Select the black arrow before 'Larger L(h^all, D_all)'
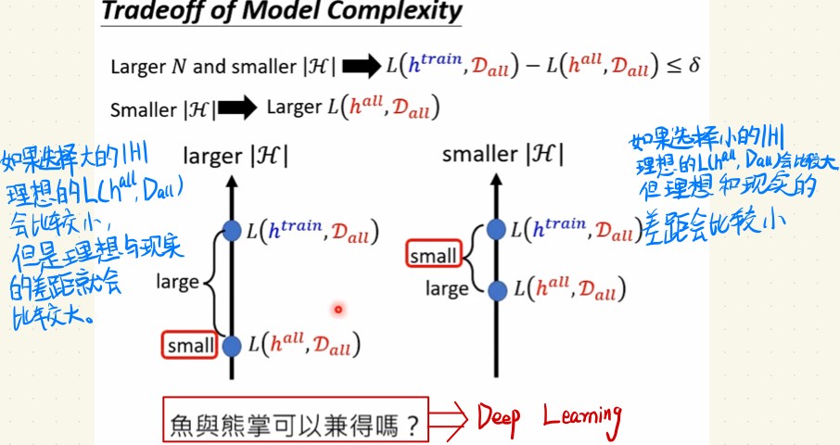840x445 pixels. click(238, 108)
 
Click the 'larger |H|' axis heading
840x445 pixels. click(235, 156)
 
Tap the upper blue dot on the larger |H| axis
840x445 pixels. click(232, 230)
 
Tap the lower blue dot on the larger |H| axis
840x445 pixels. click(232, 347)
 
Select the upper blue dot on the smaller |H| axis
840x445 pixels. click(498, 228)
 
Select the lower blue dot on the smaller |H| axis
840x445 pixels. click(498, 290)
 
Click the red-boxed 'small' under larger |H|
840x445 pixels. click(189, 347)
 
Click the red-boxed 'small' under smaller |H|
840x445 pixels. click(434, 255)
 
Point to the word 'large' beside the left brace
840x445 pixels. click(177, 281)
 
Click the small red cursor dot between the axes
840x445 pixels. click(338, 309)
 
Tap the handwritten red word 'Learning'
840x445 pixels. click(582, 420)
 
